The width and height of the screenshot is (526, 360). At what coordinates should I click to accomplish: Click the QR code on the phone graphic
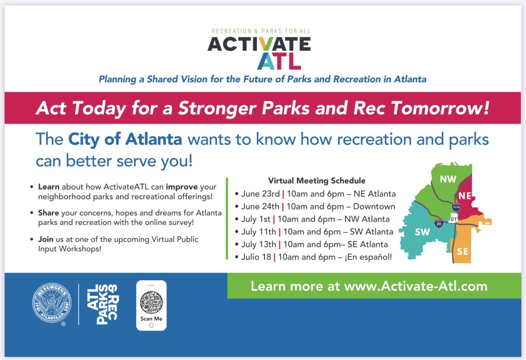(x=152, y=302)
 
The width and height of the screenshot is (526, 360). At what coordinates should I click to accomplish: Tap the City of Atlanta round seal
(x=52, y=303)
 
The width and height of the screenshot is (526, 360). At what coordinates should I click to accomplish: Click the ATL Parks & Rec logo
(x=102, y=305)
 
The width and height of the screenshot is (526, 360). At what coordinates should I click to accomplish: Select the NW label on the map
(x=448, y=179)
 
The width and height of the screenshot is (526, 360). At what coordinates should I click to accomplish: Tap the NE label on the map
(x=465, y=196)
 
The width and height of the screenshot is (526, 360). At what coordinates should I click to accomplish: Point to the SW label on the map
(x=422, y=232)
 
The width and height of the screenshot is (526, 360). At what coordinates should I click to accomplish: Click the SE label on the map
(x=463, y=251)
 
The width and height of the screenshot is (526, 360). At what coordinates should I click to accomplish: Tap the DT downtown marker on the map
(x=454, y=219)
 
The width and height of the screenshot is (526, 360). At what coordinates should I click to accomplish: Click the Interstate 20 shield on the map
(x=439, y=223)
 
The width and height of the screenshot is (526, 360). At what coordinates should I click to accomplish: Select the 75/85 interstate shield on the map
(x=456, y=207)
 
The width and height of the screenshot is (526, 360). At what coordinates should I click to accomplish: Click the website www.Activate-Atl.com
(x=416, y=286)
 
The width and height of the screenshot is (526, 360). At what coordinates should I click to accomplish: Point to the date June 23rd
(x=260, y=194)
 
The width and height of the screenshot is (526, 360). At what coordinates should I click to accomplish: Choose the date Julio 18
(x=256, y=257)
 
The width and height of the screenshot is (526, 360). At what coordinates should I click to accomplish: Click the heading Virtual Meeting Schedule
(x=316, y=180)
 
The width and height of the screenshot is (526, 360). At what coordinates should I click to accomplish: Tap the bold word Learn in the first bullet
(x=49, y=187)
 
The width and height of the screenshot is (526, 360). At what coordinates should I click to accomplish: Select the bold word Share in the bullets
(x=48, y=213)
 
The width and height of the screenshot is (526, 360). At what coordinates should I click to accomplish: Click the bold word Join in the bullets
(x=46, y=239)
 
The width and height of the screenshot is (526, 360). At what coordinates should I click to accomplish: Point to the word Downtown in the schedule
(x=374, y=206)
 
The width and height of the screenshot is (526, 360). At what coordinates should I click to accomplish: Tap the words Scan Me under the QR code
(x=152, y=319)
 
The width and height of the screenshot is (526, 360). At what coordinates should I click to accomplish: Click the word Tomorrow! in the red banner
(x=440, y=108)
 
